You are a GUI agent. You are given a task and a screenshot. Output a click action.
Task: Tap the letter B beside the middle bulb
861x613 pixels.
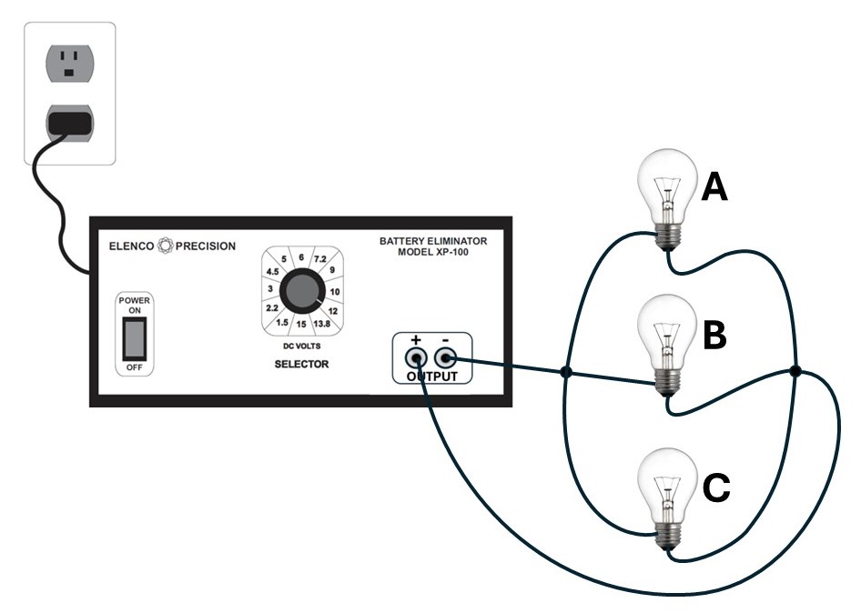(715, 336)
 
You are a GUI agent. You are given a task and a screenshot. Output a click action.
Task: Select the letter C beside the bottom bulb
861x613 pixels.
(716, 488)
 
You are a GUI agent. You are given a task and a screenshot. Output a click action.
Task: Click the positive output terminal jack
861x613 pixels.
(416, 357)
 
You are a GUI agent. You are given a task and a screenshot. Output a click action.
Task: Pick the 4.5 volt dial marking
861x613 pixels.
(271, 271)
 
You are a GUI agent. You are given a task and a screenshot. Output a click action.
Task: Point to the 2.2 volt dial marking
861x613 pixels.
(271, 308)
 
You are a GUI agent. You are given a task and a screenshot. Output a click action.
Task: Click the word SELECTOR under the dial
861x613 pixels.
(301, 365)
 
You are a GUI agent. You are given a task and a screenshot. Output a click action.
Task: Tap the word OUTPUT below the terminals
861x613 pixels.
(432, 376)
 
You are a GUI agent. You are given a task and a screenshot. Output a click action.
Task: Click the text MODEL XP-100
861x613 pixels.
(433, 252)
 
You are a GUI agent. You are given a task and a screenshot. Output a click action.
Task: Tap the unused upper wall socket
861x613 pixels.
(69, 62)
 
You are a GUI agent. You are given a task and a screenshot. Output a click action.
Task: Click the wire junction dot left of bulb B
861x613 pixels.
(566, 372)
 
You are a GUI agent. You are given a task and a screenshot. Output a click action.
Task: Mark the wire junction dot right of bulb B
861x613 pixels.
(795, 371)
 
